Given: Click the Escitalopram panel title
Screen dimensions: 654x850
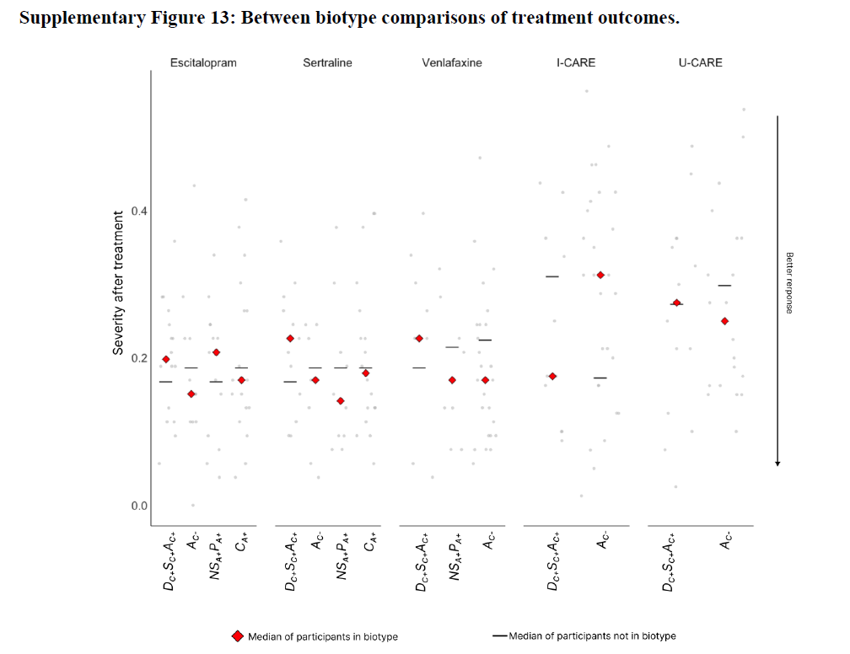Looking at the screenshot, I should click(x=202, y=62).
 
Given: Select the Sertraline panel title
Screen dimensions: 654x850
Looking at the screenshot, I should click(x=327, y=62).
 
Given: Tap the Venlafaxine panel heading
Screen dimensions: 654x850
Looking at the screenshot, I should click(x=452, y=62).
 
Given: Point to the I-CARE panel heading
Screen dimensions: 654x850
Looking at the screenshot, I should click(x=576, y=62).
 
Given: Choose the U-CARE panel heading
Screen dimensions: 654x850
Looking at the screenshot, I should click(x=700, y=62).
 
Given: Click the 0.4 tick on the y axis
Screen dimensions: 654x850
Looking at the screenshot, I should click(x=138, y=211).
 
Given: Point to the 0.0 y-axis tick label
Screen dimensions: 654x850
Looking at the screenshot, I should click(x=138, y=506).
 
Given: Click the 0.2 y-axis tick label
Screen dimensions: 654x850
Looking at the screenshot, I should click(x=138, y=358).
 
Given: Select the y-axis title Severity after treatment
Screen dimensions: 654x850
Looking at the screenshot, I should click(x=119, y=282).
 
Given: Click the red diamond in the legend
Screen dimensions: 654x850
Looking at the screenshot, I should click(x=238, y=636).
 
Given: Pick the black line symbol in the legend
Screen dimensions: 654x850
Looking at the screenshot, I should click(x=499, y=636).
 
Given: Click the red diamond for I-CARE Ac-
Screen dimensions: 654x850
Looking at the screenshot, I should click(x=600, y=275).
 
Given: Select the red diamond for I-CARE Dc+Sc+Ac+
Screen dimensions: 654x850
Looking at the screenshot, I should click(x=552, y=376).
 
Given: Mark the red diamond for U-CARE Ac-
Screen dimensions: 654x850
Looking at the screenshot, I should click(x=724, y=321).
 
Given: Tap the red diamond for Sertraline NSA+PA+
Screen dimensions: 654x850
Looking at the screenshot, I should click(x=341, y=400).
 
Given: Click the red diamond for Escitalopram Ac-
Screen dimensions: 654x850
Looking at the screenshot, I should click(x=191, y=394).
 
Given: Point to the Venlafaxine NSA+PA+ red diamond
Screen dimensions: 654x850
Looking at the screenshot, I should click(x=452, y=380).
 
